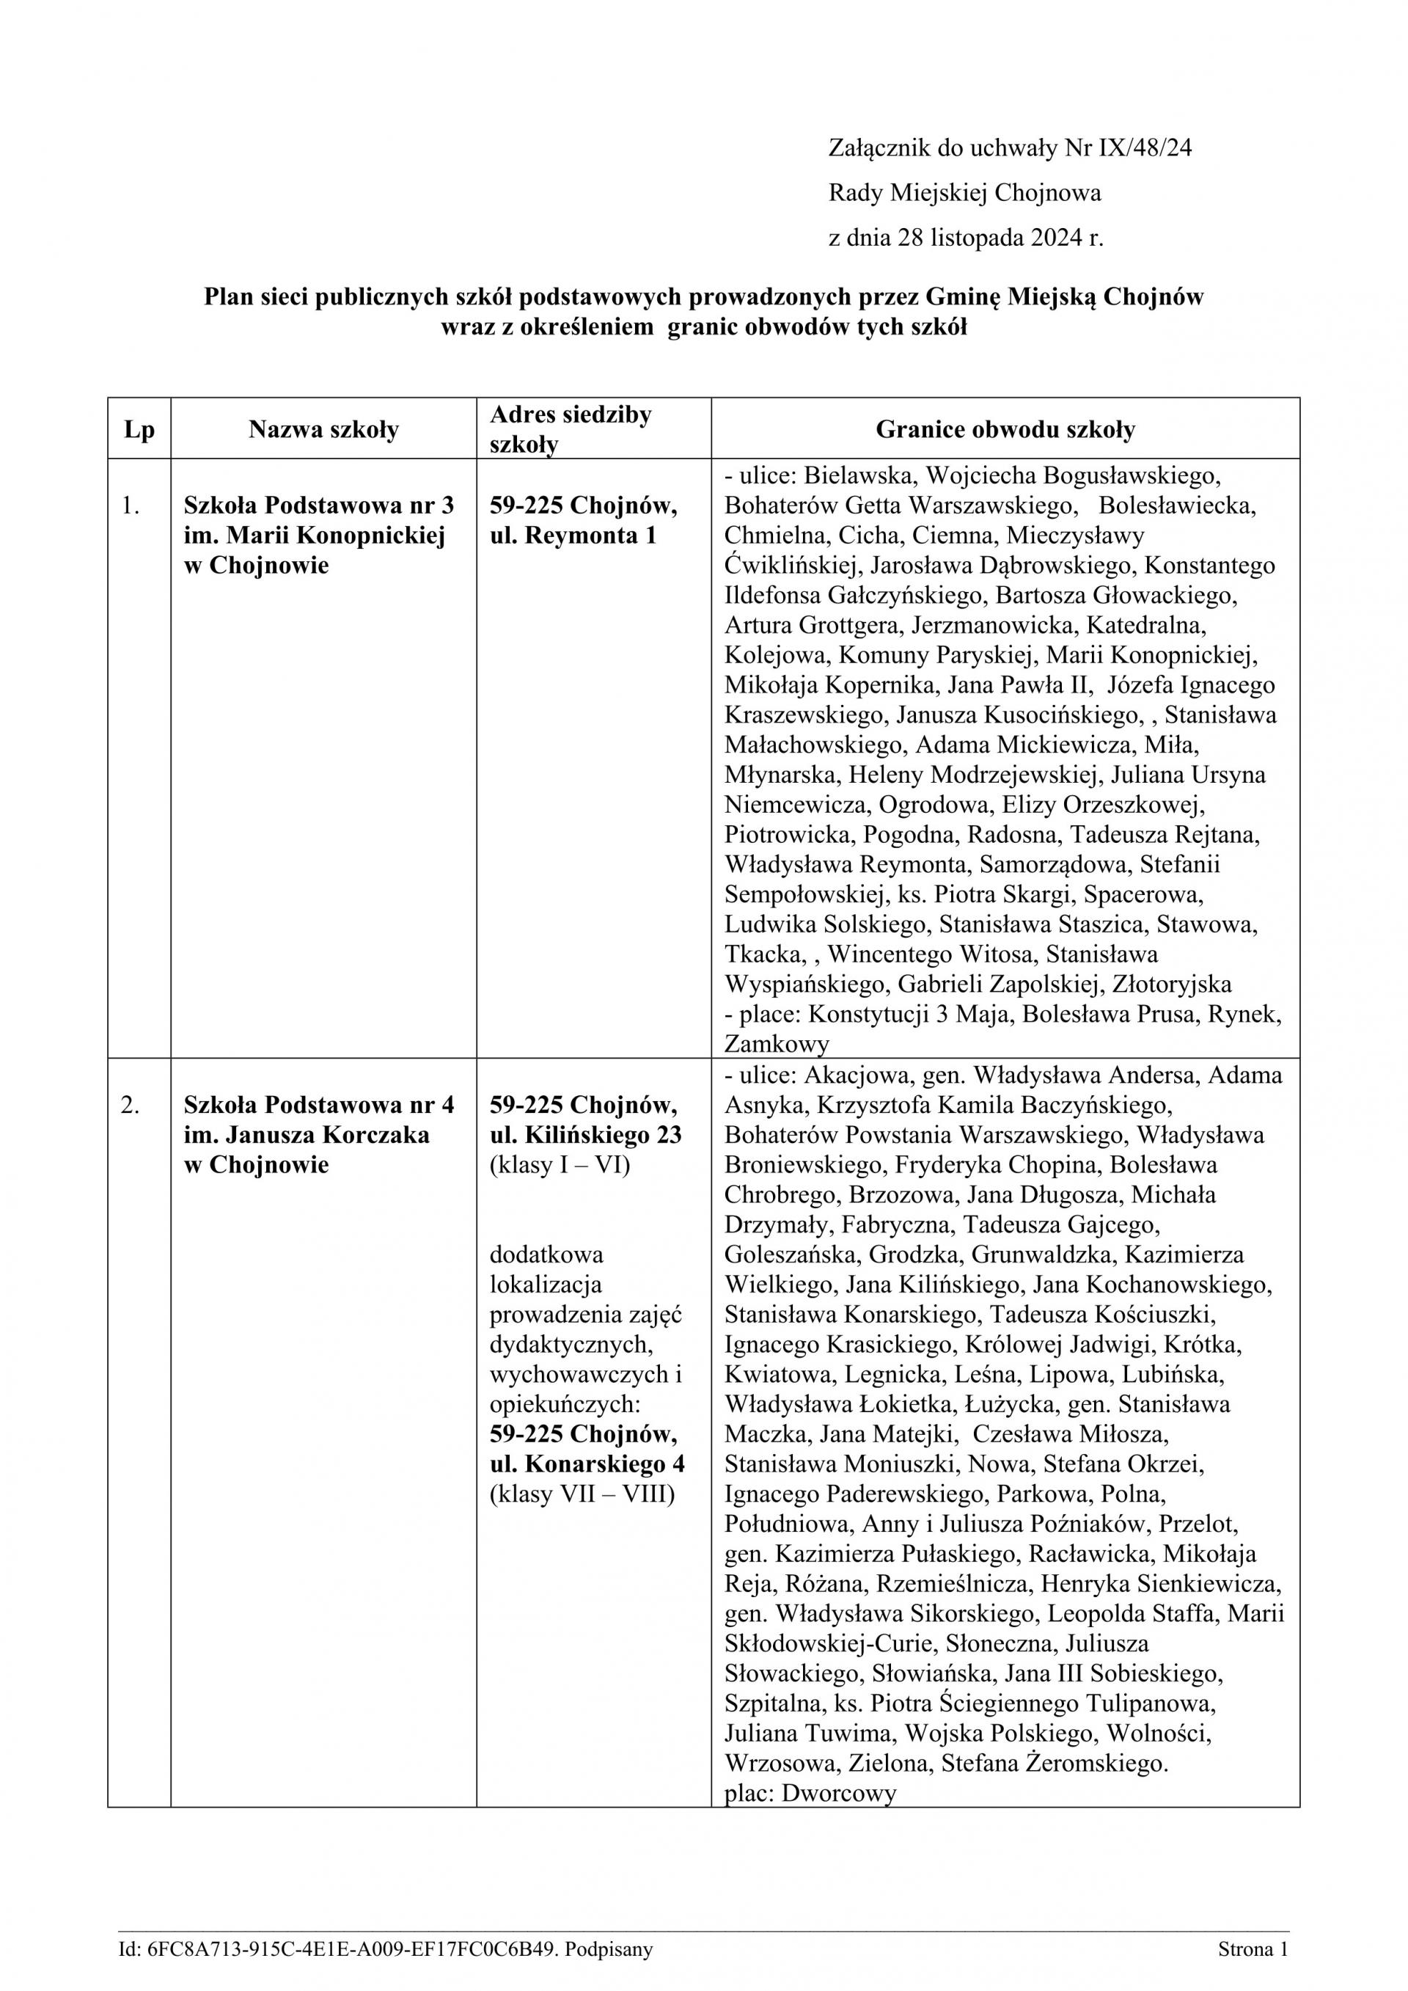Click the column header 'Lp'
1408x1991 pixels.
[x=139, y=429]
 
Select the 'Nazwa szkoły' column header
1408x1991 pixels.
[x=323, y=429]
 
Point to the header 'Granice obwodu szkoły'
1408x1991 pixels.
[x=1005, y=429]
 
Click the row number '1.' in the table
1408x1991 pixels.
[x=131, y=505]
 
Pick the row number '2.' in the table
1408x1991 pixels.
[x=131, y=1106]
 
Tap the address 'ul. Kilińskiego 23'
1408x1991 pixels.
[x=585, y=1135]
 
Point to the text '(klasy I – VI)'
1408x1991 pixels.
[x=560, y=1165]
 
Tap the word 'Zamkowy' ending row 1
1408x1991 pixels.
[x=777, y=1044]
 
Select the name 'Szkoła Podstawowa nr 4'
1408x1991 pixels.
[x=318, y=1106]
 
